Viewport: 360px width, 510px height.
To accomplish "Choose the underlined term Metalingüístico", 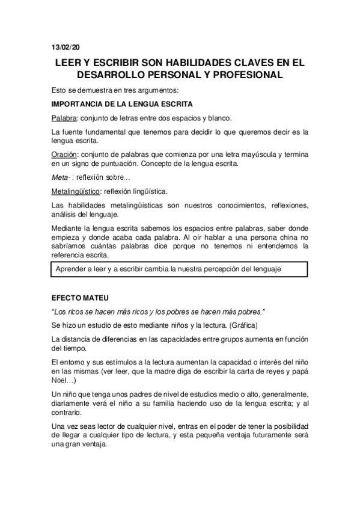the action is [x=76, y=192].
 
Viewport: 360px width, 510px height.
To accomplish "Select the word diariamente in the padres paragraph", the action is [x=73, y=405].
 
